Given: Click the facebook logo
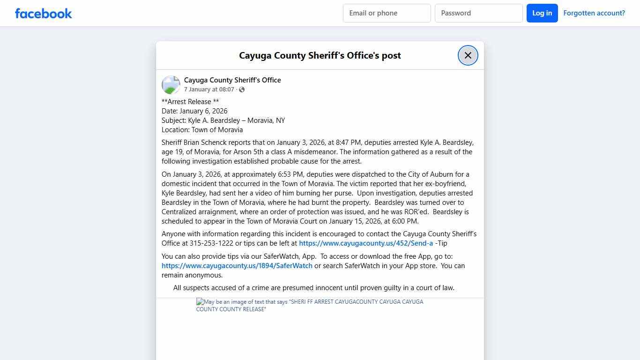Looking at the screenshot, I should [44, 13].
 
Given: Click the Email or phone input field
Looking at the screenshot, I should [387, 13].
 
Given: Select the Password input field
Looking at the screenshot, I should [478, 13].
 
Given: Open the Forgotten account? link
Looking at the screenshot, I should [594, 13].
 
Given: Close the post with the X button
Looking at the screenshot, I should [468, 55].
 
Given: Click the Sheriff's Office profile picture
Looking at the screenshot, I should [171, 85].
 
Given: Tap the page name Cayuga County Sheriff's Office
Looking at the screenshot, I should [232, 80].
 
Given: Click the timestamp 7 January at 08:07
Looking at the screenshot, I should [209, 90].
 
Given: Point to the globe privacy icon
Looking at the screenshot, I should [242, 90].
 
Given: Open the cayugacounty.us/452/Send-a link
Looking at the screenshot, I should [365, 243].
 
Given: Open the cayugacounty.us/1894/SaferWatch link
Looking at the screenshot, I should [237, 266].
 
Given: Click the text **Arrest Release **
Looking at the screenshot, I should [190, 102].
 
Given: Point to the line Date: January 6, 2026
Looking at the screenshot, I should [194, 111].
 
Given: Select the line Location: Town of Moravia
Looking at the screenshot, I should [202, 130].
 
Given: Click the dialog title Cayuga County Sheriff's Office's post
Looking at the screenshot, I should [320, 55].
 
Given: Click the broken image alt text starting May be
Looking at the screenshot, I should [309, 305].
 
